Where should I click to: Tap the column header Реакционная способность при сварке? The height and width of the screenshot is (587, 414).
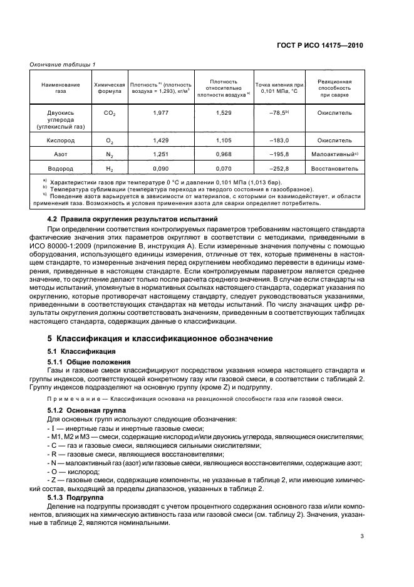[334, 88]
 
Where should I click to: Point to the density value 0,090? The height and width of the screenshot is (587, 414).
[161, 169]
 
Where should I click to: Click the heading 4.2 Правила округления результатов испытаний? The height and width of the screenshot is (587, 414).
[132, 219]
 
